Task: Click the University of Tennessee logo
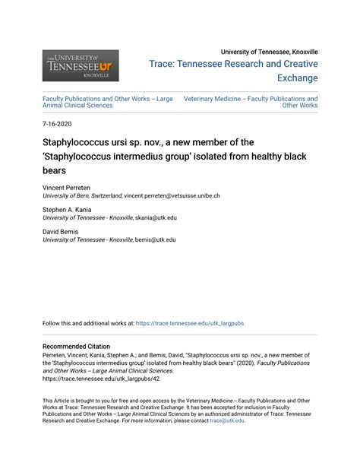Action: point(81,65)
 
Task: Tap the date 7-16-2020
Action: point(57,122)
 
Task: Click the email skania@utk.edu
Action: point(156,217)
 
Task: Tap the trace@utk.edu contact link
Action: point(227,420)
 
